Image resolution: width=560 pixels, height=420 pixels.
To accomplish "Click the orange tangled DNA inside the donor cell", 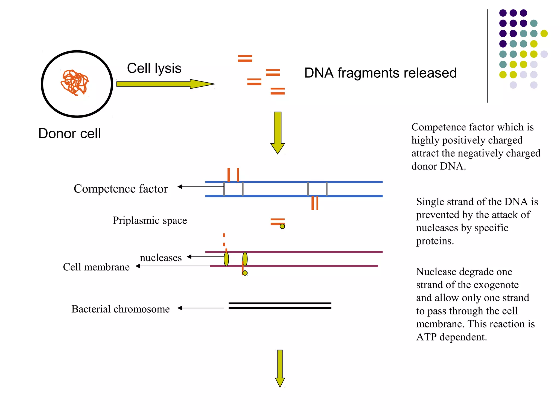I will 74,82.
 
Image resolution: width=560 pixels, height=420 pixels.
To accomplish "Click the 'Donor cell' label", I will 69,133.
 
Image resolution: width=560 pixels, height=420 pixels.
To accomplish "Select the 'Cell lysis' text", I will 154,68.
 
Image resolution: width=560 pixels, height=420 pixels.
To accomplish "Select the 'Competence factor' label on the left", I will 121,189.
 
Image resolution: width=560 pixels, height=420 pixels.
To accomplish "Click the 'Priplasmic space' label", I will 150,220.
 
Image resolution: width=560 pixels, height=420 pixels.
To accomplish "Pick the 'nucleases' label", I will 161,258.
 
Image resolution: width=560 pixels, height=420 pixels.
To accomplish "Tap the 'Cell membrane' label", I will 96,267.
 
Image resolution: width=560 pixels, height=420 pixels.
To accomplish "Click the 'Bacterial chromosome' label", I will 121,309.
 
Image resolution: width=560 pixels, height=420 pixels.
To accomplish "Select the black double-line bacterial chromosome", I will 280,306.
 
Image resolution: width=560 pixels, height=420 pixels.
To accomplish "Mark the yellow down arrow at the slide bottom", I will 280,368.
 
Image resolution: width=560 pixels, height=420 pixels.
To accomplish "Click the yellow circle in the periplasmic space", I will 282,226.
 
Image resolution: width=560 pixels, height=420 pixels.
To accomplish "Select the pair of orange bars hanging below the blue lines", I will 315,203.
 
